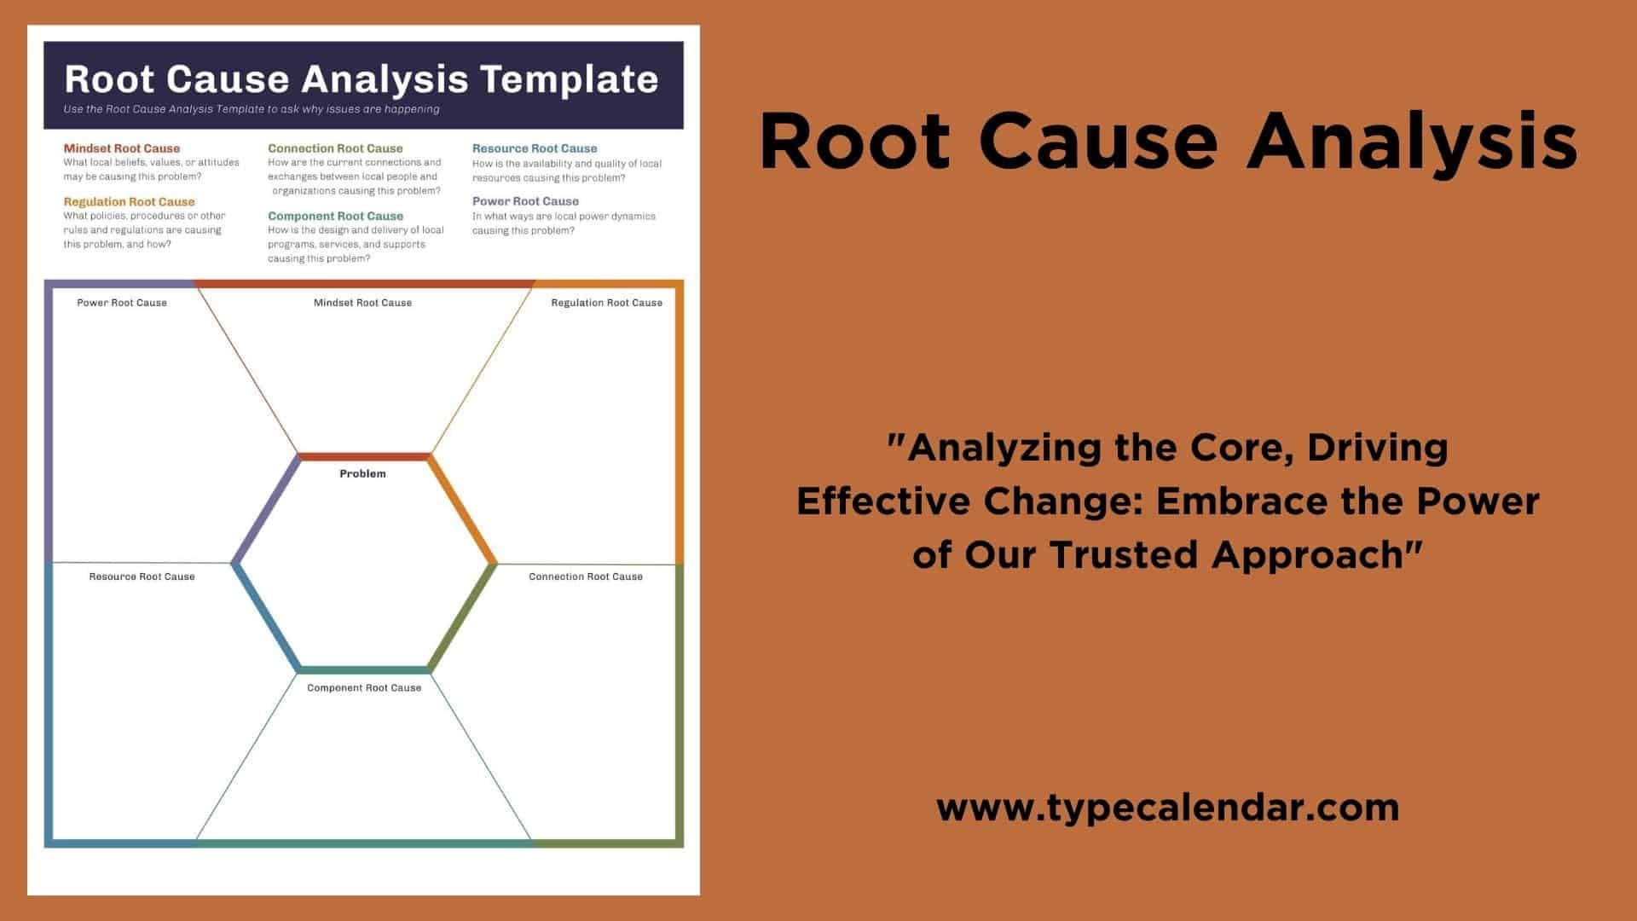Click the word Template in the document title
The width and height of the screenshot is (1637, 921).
569,78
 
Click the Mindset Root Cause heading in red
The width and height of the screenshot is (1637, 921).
122,148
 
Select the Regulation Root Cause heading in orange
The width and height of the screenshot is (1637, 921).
129,202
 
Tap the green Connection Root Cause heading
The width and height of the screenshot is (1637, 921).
335,148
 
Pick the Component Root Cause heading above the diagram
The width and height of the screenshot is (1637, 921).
335,217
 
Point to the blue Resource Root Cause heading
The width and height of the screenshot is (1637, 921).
535,148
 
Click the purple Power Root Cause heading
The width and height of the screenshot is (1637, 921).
525,201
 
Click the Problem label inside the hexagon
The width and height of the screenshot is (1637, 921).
362,473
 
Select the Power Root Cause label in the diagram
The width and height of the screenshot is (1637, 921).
122,303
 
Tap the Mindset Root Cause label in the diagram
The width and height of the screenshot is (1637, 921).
362,303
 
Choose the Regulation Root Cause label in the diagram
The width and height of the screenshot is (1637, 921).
606,303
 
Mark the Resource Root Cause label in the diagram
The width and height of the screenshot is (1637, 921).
142,576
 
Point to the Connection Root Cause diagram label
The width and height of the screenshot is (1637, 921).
586,576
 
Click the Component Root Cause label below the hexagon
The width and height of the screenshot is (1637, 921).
364,687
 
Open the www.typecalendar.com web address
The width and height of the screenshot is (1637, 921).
1168,808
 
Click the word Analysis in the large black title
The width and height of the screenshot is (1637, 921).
1412,142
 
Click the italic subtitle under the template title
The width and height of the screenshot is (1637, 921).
252,109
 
